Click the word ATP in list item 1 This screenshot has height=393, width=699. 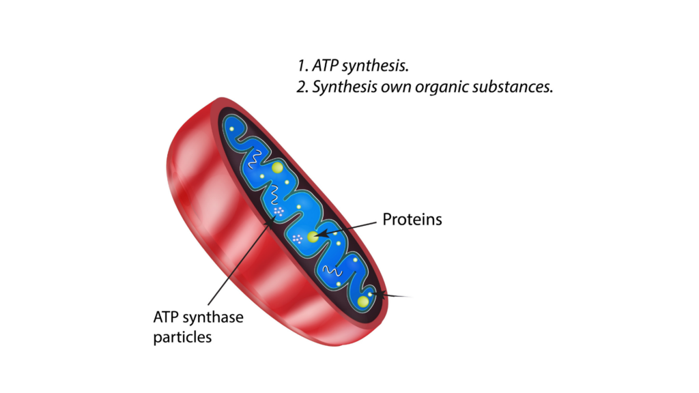coord(324,65)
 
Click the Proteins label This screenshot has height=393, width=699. coord(412,219)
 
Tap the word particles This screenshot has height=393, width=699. coord(182,337)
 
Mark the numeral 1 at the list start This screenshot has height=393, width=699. coord(302,66)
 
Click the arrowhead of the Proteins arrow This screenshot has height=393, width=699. coord(322,233)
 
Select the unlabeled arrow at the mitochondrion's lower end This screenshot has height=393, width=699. coord(393,295)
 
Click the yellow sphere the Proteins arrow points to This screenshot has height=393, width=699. coord(313,237)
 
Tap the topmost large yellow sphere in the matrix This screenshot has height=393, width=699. coord(277,168)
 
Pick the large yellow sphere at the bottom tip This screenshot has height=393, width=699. coord(363,302)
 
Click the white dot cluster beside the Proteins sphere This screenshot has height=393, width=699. coord(298,238)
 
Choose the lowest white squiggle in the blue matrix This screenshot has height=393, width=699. coord(332,270)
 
